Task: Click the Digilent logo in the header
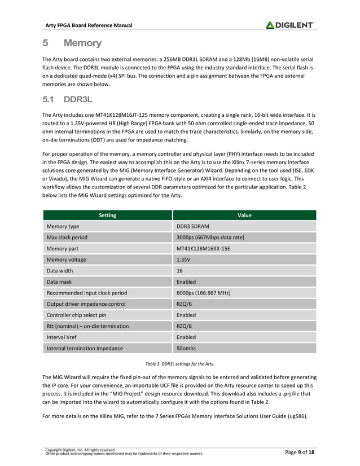pyautogui.click(x=290, y=25)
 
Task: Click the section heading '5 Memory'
pyautogui.click(x=72, y=43)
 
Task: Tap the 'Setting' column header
pyautogui.click(x=107, y=215)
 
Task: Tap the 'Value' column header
pyautogui.click(x=244, y=215)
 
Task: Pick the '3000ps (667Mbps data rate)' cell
pyautogui.click(x=210, y=237)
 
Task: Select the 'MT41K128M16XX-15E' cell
pyautogui.click(x=203, y=248)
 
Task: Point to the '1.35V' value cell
pyautogui.click(x=184, y=260)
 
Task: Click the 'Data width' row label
pyautogui.click(x=61, y=270)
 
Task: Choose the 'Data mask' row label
pyautogui.click(x=60, y=282)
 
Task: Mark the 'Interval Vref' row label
pyautogui.click(x=63, y=337)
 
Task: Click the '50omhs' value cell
pyautogui.click(x=187, y=349)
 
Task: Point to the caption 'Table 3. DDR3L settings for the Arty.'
pyautogui.click(x=179, y=363)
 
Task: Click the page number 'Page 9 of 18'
pyautogui.click(x=298, y=452)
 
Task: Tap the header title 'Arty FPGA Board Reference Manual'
pyautogui.click(x=89, y=25)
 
